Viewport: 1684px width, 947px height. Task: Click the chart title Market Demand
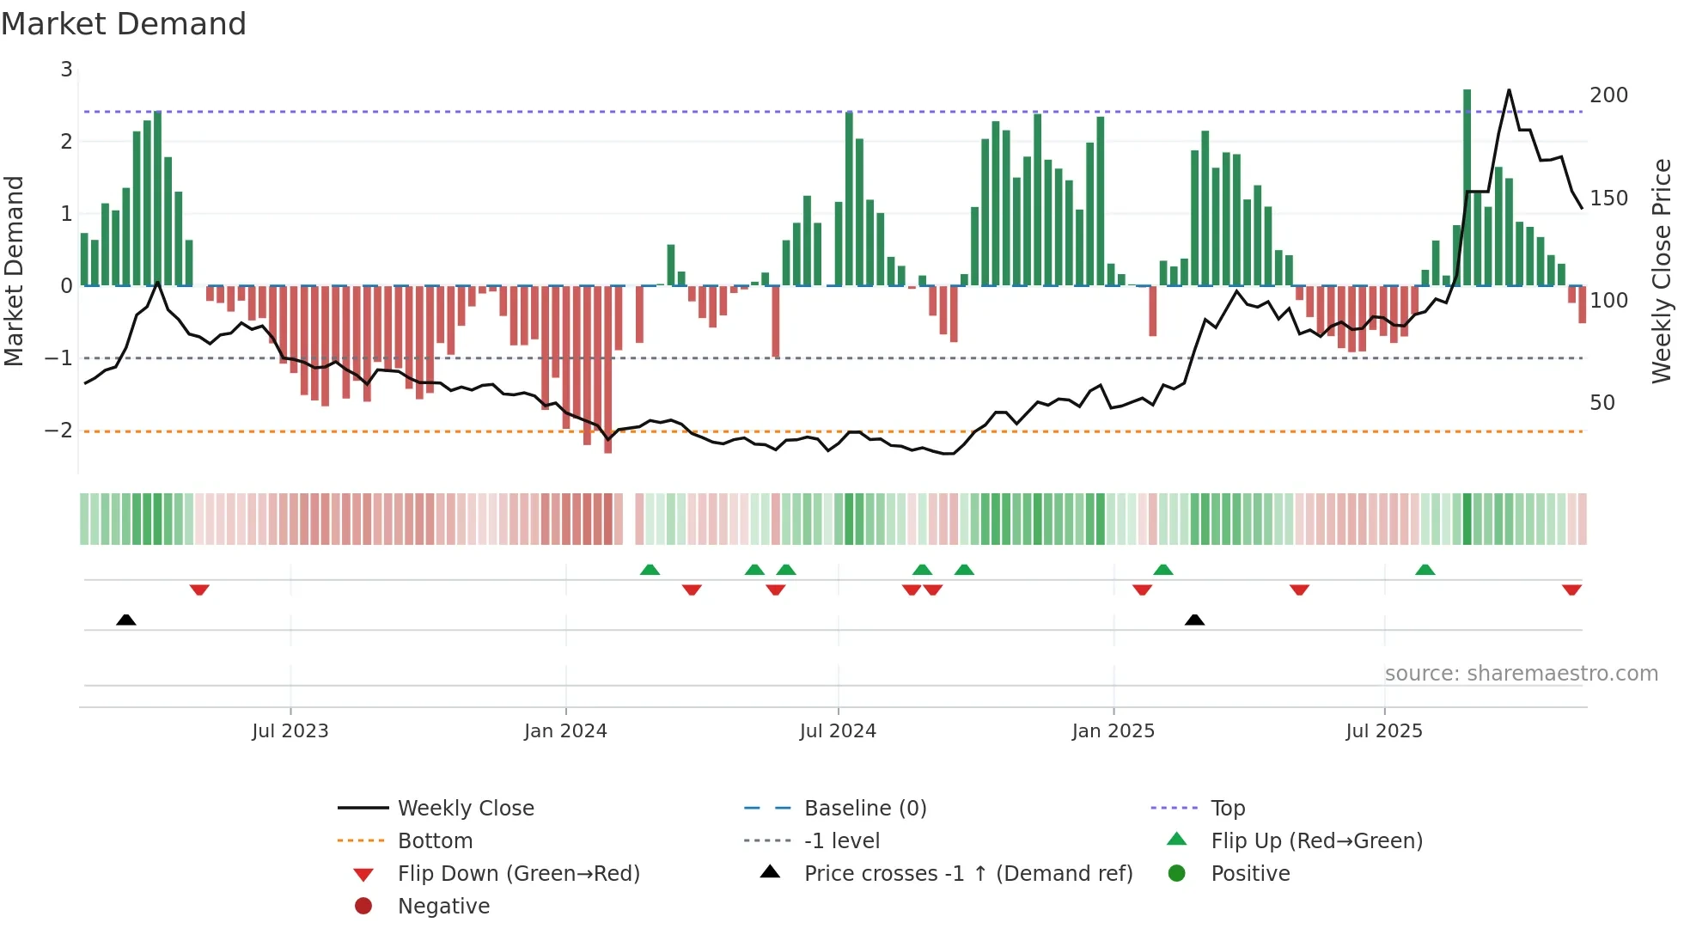[124, 24]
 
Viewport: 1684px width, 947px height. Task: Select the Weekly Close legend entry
[465, 808]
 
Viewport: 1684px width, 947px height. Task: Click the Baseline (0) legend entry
[864, 808]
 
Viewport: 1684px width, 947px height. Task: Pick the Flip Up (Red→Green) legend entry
[1315, 840]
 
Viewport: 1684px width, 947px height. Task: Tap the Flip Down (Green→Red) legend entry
[518, 873]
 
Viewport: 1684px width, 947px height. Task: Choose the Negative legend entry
[443, 906]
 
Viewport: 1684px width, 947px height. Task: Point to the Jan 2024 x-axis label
[565, 730]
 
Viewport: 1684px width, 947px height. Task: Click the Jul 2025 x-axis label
[1383, 730]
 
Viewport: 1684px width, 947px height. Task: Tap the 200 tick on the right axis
[1608, 95]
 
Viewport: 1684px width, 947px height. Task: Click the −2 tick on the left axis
[59, 430]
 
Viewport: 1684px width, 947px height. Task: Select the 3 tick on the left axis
[66, 69]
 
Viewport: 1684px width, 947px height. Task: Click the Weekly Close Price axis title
[1662, 271]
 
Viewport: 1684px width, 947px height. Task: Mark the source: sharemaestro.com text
[1521, 673]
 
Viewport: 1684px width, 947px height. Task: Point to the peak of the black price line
[1509, 90]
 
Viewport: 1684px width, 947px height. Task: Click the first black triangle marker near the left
[126, 620]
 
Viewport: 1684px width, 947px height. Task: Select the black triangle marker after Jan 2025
[1194, 620]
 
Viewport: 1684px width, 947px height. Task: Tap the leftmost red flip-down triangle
[199, 590]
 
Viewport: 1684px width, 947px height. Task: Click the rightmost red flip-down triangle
[1571, 590]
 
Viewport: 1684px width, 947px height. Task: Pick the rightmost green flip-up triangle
[1425, 570]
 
